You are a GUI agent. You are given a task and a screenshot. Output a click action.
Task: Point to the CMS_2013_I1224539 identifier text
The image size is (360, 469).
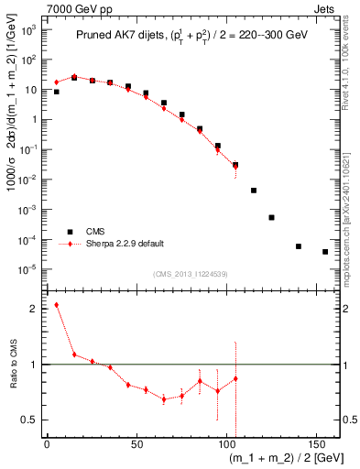coord(190,274)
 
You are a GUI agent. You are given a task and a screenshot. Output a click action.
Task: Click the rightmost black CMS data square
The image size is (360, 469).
coord(325,252)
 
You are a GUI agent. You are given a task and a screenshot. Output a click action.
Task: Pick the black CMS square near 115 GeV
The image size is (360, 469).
coord(254,191)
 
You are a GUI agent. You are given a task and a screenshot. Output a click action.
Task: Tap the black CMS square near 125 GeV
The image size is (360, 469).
coord(271,217)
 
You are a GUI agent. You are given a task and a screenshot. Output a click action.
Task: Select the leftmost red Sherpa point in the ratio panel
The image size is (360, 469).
coord(56,305)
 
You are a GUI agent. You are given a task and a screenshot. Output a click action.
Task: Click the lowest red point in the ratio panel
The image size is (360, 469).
coord(164,399)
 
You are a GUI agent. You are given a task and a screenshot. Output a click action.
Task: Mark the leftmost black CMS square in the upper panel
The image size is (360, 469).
coord(56,92)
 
